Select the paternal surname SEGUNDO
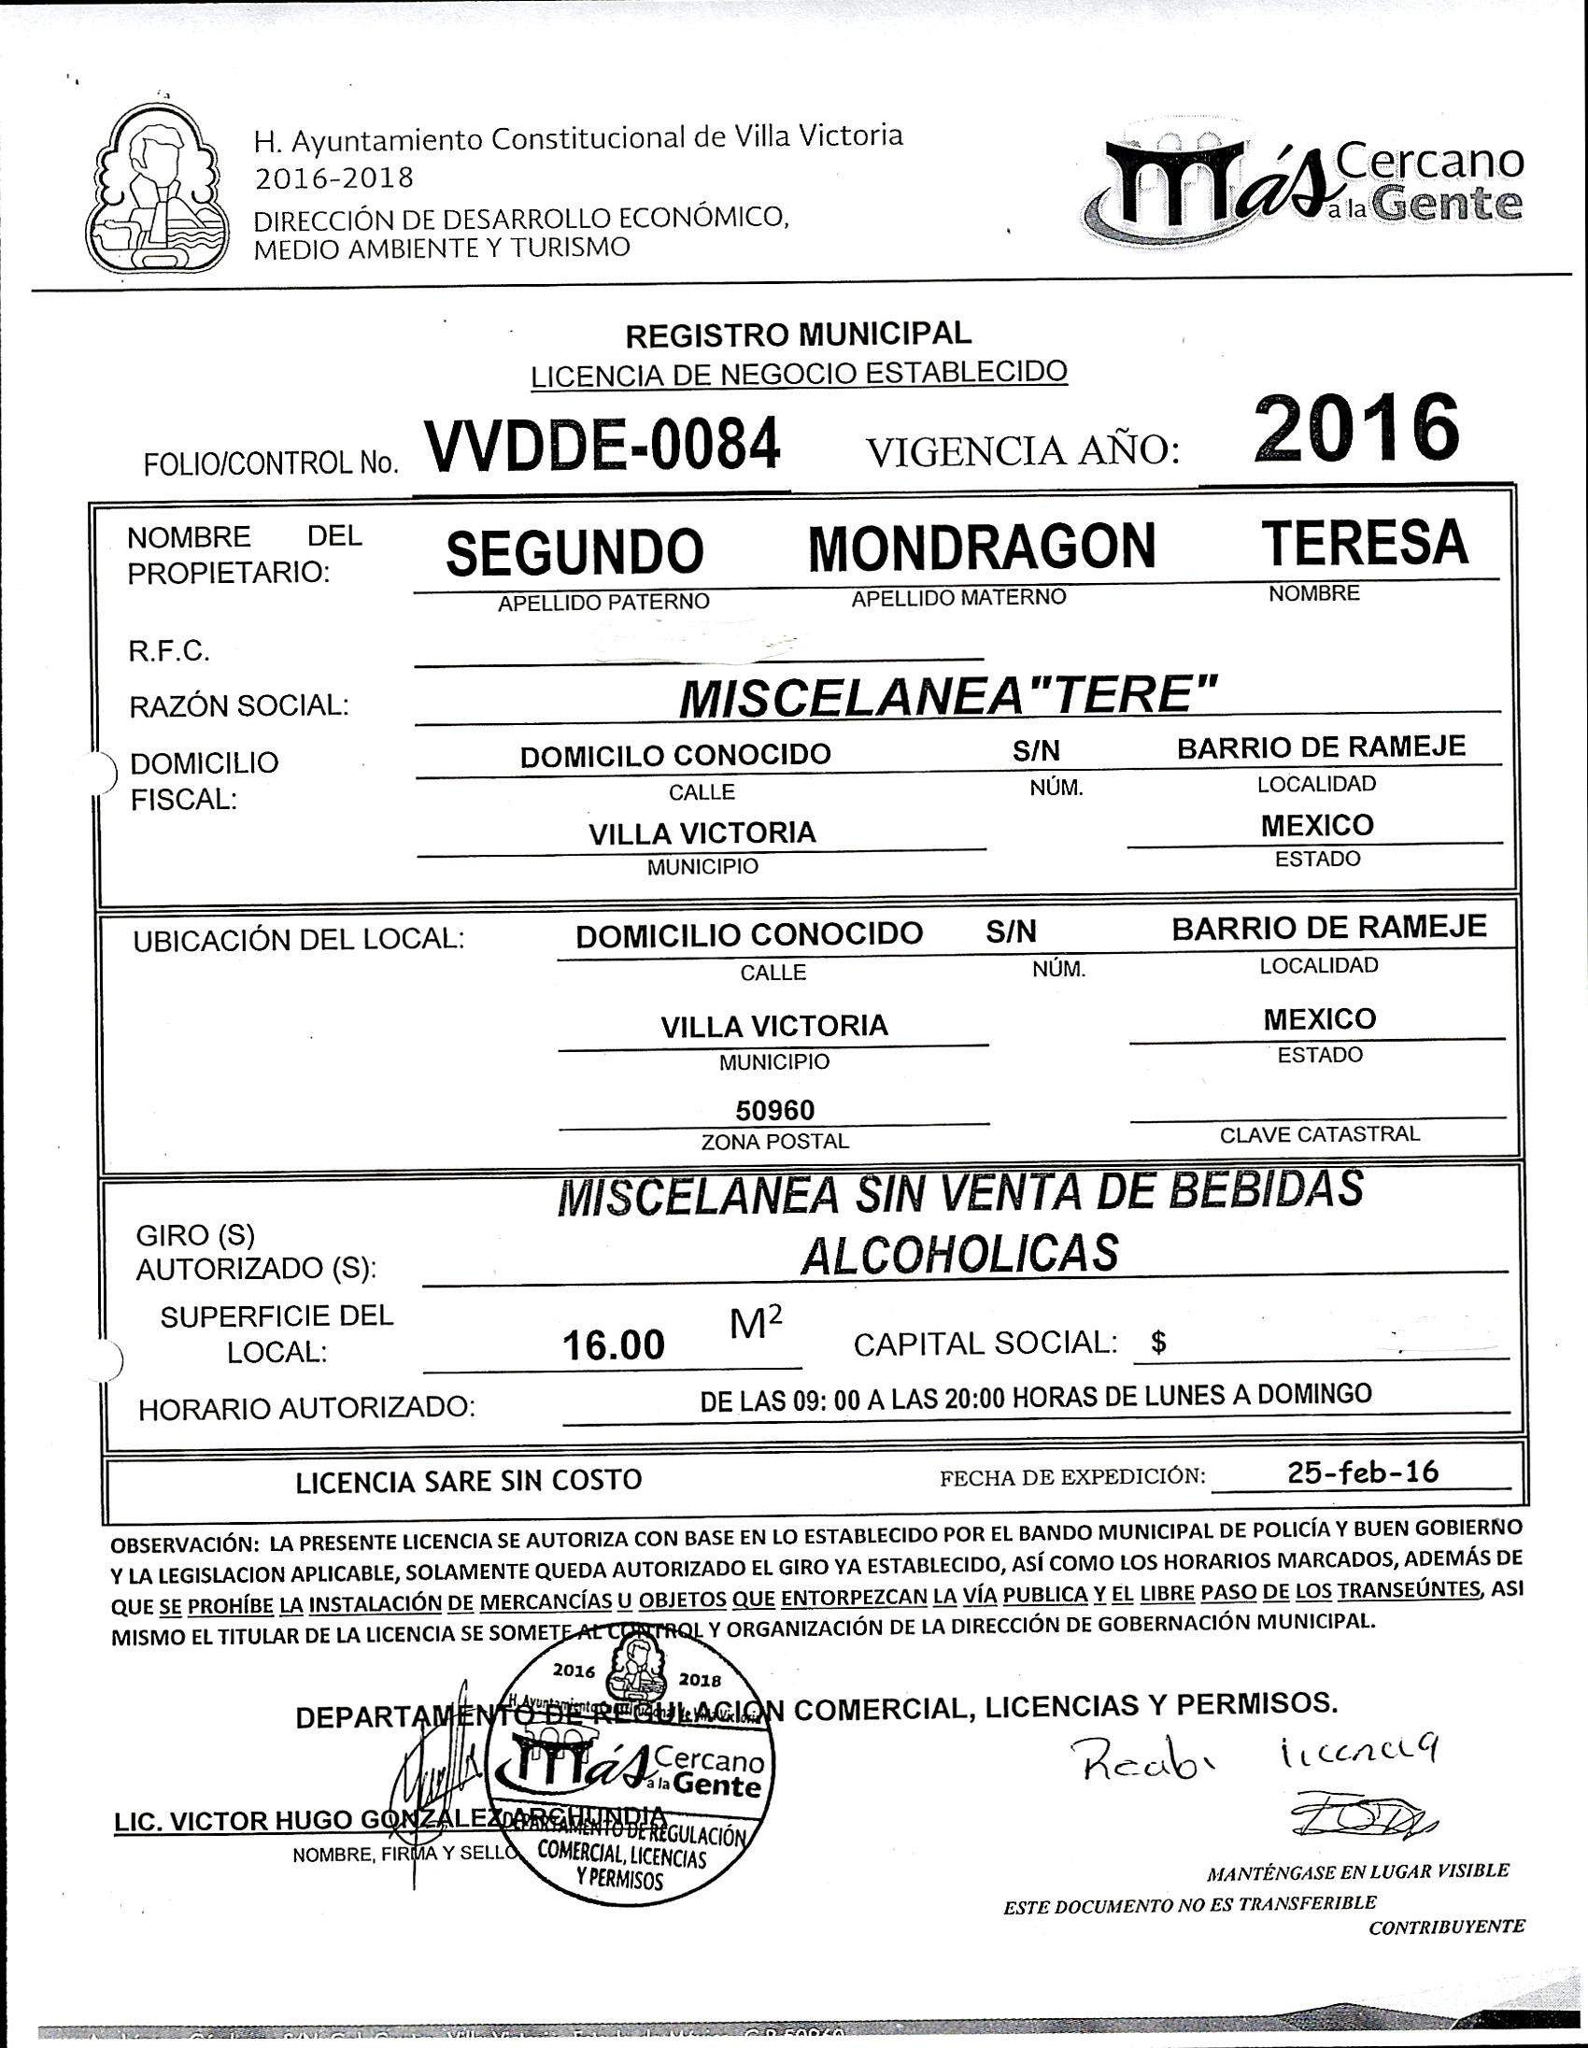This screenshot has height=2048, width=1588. tap(574, 551)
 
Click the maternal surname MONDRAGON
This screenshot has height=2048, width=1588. tap(982, 548)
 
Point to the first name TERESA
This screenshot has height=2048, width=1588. tap(1364, 542)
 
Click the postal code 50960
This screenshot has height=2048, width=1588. tap(774, 1110)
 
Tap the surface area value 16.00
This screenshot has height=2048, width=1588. tap(613, 1345)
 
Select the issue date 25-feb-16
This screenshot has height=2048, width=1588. tap(1362, 1472)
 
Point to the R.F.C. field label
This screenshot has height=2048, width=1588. tap(169, 652)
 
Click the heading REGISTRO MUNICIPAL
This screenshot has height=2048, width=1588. tap(798, 333)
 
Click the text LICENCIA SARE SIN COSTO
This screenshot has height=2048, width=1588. tap(469, 1481)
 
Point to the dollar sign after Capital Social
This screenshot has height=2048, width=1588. tap(1158, 1343)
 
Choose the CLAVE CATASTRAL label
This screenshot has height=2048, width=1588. tap(1319, 1133)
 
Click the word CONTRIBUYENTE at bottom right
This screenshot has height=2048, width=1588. tap(1445, 1927)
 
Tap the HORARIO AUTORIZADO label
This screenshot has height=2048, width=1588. tap(305, 1409)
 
